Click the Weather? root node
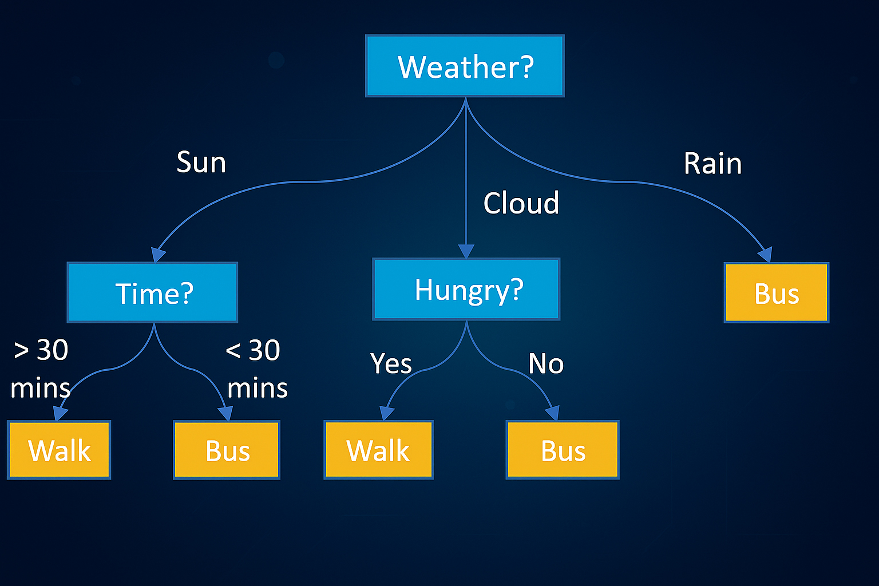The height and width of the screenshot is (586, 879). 465,66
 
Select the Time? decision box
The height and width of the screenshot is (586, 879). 152,292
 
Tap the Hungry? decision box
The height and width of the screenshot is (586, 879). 466,289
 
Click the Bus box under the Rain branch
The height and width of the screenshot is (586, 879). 777,293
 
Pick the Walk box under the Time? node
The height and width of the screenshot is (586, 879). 59,450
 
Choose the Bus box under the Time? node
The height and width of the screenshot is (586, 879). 227,450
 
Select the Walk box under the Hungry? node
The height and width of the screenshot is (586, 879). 378,450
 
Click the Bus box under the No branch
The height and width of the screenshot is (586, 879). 563,450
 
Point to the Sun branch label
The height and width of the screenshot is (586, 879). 201,162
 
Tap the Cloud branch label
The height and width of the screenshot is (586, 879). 521,203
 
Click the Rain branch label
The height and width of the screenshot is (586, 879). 712,164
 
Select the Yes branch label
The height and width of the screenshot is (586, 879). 391,363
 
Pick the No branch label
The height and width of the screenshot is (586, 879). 546,363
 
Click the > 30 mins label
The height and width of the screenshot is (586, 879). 41,369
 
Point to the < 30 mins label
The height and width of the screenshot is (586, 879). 256,369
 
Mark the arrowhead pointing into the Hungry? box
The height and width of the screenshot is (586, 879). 466,251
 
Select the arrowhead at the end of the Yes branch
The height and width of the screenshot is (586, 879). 387,413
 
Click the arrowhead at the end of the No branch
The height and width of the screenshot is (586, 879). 552,413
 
